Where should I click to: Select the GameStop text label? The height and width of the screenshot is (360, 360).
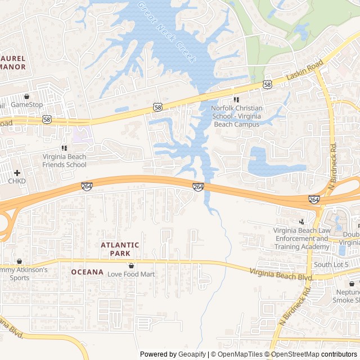coord(27,105)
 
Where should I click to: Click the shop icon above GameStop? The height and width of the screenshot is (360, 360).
coord(27,96)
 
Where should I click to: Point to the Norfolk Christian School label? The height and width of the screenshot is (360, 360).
coord(236,116)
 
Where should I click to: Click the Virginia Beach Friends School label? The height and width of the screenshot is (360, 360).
coord(64,161)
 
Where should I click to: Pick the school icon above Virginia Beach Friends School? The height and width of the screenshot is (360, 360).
coord(64,148)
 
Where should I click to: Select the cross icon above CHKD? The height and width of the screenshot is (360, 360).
coord(17,173)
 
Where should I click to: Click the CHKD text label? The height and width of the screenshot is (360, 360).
coord(17,182)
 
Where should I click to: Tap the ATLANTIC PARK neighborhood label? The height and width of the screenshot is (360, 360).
coord(120,249)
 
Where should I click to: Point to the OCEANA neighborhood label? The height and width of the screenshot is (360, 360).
coord(87,272)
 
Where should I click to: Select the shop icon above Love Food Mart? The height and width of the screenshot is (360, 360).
coord(131,265)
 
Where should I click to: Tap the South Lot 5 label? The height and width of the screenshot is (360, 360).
coord(331,265)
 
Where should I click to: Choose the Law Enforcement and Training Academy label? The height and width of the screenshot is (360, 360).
coord(301,238)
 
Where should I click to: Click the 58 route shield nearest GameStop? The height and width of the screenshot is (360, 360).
coord(47,119)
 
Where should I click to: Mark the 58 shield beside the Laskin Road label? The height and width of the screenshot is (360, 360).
coord(267,84)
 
